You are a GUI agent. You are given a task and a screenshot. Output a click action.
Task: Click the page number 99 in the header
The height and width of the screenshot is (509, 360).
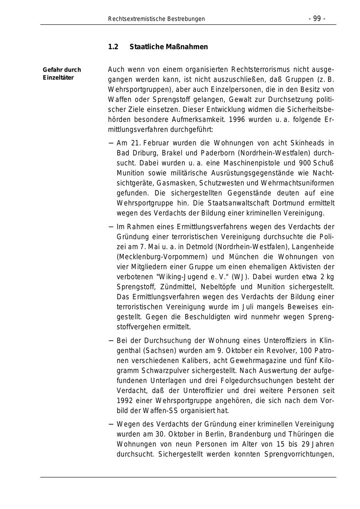(x=316, y=19)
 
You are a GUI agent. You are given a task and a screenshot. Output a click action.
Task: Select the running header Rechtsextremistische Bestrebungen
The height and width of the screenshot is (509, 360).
(x=156, y=19)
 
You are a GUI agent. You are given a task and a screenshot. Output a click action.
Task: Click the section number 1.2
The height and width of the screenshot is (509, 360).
(x=113, y=47)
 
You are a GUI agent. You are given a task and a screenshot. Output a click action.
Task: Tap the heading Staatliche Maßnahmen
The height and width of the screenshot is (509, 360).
(x=169, y=47)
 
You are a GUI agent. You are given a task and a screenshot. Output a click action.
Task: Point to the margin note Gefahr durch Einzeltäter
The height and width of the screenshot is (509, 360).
(x=62, y=74)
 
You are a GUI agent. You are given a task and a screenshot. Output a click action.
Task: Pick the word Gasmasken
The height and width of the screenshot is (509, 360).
(x=175, y=183)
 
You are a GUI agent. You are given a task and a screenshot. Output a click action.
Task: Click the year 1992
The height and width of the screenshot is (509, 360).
(x=125, y=401)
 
